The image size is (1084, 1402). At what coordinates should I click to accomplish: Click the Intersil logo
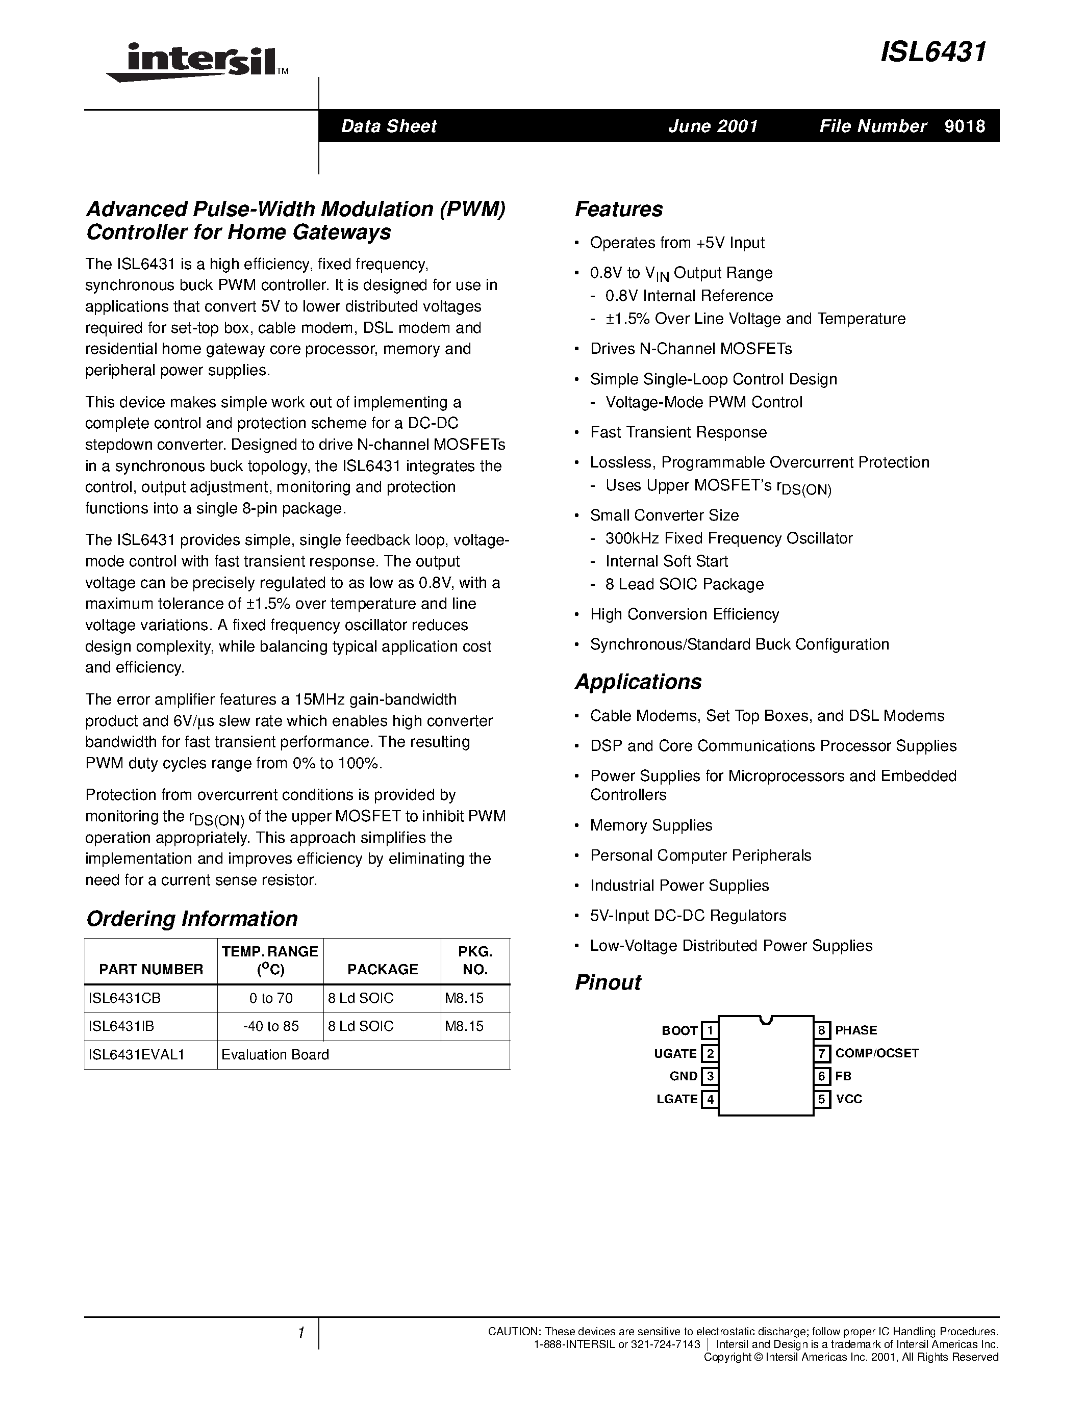[196, 62]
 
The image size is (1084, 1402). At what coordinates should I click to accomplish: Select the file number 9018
[965, 126]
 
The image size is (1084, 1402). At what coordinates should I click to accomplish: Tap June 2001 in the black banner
[713, 126]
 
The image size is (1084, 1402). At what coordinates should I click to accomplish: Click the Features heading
[618, 209]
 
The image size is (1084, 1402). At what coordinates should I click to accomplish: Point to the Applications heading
[638, 682]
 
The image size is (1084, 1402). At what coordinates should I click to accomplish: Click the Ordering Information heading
[191, 919]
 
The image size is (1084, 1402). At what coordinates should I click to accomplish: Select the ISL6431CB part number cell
[124, 998]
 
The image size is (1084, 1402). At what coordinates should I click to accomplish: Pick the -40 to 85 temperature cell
[270, 1026]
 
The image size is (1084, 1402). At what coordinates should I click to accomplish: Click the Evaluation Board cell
[275, 1055]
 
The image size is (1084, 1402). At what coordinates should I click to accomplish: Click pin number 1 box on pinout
[709, 1031]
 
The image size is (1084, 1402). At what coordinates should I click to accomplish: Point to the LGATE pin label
[676, 1099]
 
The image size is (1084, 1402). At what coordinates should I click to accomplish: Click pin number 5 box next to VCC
[821, 1099]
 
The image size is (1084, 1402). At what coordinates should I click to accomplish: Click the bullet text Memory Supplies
[650, 825]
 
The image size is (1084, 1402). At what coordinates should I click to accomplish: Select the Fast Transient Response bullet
[678, 433]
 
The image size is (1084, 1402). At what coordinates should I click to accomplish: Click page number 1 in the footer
[300, 1333]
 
